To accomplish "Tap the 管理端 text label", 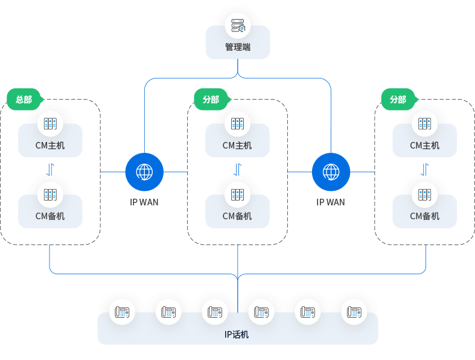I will point(238,47).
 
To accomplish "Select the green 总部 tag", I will point(24,100).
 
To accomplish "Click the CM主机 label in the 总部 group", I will point(50,146).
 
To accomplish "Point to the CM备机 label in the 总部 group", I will point(50,216).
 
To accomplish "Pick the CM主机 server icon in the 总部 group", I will point(50,124).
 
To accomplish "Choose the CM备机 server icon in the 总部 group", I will point(50,195).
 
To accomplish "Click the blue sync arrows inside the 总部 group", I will point(51,169).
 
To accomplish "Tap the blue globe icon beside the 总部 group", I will point(144,172).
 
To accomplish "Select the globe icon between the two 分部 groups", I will point(331,172).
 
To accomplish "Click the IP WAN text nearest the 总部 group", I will point(144,202).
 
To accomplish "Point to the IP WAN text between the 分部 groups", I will point(331,202).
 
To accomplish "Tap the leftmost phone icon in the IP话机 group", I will point(123,312).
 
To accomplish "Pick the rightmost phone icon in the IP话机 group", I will point(353,312).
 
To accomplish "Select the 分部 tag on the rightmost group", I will point(398,100).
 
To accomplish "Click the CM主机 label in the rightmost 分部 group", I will point(425,146).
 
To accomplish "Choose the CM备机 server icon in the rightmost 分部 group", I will point(425,195).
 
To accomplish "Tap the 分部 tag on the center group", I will point(211,100).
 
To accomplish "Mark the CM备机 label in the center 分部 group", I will point(237,216).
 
